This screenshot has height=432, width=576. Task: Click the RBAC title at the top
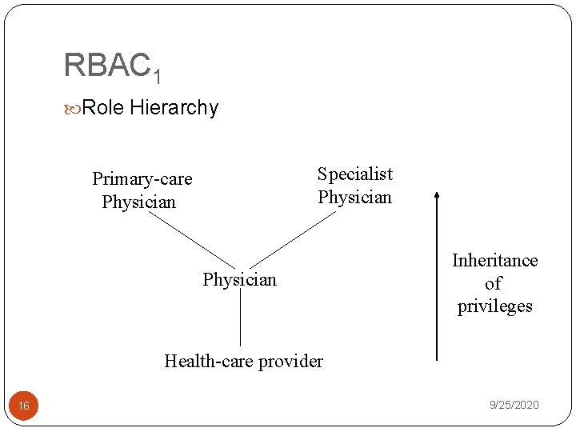point(106,65)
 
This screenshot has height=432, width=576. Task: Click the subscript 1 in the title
point(157,76)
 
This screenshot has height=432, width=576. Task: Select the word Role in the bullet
point(103,107)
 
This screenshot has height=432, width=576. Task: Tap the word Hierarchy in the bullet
point(174,108)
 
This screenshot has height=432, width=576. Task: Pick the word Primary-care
point(142,178)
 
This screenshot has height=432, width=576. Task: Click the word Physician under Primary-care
point(138,202)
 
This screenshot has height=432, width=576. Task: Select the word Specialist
point(355,174)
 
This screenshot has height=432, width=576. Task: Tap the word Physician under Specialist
point(355,197)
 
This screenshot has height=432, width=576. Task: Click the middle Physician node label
point(239,279)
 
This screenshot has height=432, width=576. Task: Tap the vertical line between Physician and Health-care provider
point(241,320)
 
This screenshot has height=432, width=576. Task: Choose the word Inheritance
point(494,260)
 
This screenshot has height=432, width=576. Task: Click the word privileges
point(494,306)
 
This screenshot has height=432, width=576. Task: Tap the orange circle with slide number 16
point(24,406)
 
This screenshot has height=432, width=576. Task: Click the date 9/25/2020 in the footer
point(514,405)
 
